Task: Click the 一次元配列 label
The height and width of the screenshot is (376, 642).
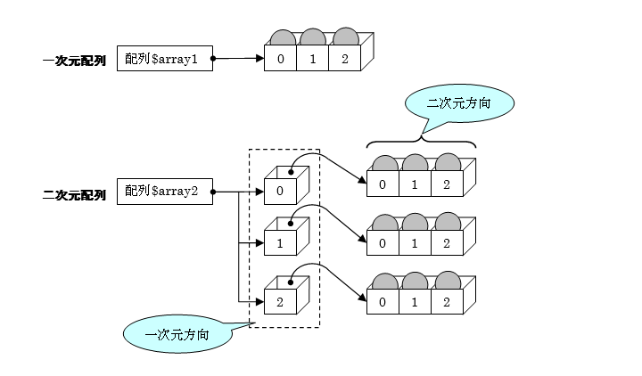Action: [x=74, y=61]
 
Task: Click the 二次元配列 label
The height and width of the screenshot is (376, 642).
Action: [x=74, y=192]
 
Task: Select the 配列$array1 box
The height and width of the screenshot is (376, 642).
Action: [x=165, y=60]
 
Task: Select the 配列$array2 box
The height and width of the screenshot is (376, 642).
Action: [x=165, y=192]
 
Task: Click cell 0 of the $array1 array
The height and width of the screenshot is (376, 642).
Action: [x=281, y=60]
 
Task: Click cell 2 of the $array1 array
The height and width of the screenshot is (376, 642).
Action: [x=344, y=60]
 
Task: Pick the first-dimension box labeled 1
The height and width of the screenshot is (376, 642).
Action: [x=280, y=242]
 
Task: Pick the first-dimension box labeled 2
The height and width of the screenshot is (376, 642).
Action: [x=280, y=301]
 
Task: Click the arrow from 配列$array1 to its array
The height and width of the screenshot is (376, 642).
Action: [x=239, y=60]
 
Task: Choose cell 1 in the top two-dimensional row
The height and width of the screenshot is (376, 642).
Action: [x=414, y=184]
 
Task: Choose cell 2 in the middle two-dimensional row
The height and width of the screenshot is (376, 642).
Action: [x=445, y=241]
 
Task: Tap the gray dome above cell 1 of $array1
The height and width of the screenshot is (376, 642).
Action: [x=313, y=37]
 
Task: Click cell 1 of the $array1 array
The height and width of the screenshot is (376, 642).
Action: [x=313, y=60]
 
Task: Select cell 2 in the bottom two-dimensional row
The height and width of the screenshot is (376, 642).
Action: [x=445, y=301]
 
